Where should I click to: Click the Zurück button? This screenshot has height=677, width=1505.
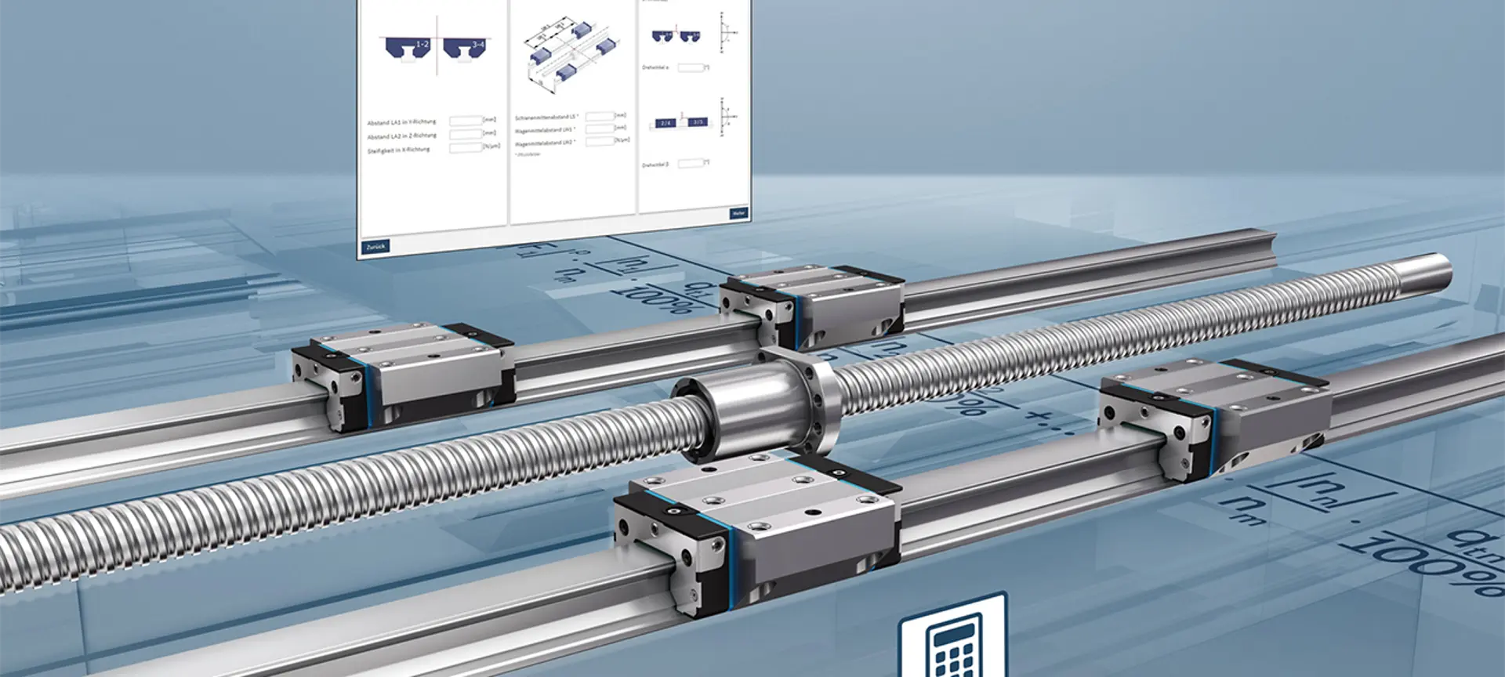point(375,247)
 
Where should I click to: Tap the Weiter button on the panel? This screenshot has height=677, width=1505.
point(738,213)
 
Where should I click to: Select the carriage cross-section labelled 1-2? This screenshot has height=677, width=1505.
point(408,49)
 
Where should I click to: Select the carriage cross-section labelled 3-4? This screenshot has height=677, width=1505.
point(465,49)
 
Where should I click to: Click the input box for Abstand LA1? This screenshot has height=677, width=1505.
point(465,121)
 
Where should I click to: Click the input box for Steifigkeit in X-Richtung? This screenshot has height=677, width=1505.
point(465,147)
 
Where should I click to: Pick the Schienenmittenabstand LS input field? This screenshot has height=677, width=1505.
point(600,116)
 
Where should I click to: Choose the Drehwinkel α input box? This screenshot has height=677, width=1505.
point(690,68)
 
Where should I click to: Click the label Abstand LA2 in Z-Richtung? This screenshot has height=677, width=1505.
point(401,136)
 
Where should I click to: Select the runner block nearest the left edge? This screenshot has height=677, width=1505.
point(404,372)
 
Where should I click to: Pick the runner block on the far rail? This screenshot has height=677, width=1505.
point(811,306)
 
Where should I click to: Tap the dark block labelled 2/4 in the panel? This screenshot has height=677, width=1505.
point(665,123)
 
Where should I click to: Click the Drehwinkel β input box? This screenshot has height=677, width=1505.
point(690,163)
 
